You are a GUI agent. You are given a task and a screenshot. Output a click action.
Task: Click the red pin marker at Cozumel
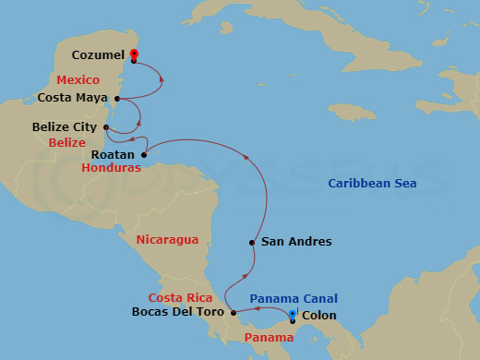coord(134,54)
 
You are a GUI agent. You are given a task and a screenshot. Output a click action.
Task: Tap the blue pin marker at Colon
coord(293,317)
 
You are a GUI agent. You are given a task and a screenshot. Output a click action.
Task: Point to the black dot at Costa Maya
coord(116,97)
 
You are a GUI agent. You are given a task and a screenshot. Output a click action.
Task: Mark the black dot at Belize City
coord(107,127)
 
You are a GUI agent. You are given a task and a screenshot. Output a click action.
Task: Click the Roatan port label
coord(114,154)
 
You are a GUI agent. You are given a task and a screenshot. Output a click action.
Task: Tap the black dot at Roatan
coord(143,154)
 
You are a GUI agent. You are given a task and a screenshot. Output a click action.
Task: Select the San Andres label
coord(295,242)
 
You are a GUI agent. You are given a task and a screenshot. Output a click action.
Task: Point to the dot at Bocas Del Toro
coord(234,312)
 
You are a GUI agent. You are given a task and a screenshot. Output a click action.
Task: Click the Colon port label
coord(319,316)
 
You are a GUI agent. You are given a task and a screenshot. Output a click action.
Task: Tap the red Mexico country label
coord(78,79)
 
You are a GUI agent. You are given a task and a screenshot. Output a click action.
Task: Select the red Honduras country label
coord(111,169)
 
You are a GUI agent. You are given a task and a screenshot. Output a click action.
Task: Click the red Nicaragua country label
coord(167,240)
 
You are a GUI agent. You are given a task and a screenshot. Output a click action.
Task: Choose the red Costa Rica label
coord(181,297)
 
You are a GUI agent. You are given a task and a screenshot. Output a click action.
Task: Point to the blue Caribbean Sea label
coord(372,184)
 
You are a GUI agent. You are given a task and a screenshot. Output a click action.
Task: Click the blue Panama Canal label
coord(294,298)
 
